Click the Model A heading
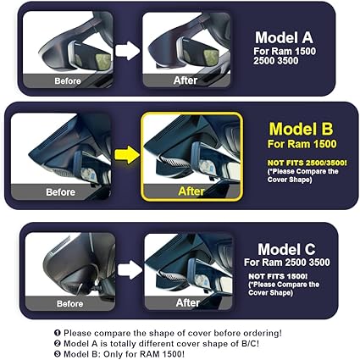click(x=283, y=37)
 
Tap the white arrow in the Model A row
click(x=127, y=51)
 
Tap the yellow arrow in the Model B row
click(x=127, y=153)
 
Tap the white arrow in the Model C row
click(x=129, y=269)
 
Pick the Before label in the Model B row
click(x=61, y=192)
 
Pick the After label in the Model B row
click(x=191, y=191)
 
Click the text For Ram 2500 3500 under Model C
click(x=283, y=263)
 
